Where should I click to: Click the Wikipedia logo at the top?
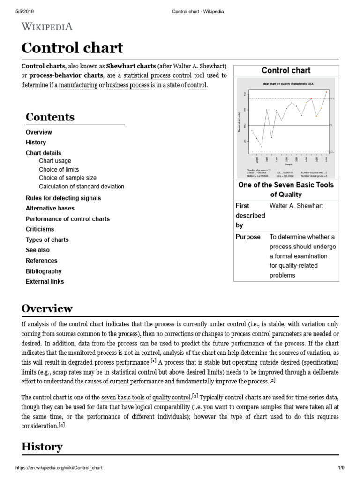click(47, 27)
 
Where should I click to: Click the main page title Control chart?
click(72, 48)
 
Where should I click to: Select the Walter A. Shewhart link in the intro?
click(199, 66)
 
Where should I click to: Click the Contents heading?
click(50, 117)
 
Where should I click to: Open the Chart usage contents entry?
click(55, 161)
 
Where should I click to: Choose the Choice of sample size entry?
click(67, 178)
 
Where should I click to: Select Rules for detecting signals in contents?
click(63, 198)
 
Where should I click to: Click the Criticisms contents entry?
click(40, 229)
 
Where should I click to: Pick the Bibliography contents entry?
click(44, 271)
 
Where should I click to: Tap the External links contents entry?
click(45, 282)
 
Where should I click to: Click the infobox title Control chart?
click(286, 71)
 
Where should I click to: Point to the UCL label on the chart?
click(332, 99)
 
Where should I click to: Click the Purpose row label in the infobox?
click(248, 237)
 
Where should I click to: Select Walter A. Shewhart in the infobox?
click(296, 206)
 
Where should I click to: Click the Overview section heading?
click(47, 308)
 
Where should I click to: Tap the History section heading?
click(42, 447)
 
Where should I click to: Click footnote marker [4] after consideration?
click(61, 425)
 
